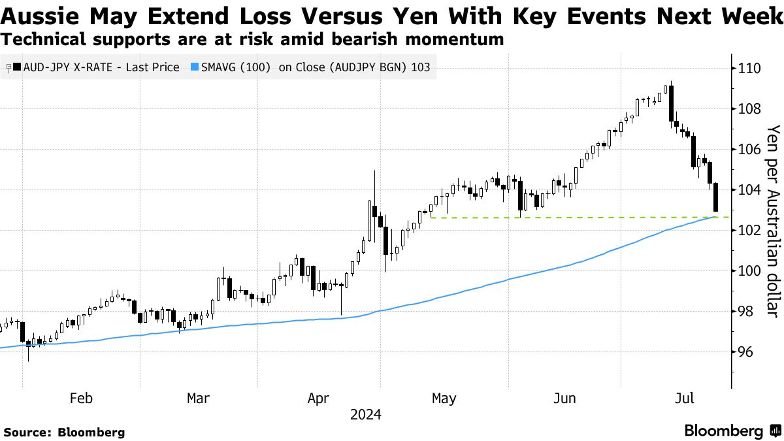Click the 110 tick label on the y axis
[x=749, y=68]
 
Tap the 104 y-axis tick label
[x=749, y=190]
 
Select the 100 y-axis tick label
[x=749, y=271]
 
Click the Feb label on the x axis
[x=81, y=399]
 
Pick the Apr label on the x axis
[x=319, y=399]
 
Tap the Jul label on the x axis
[x=684, y=399]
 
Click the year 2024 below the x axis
[x=366, y=415]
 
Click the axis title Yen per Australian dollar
[x=774, y=221]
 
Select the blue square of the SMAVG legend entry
[x=195, y=67]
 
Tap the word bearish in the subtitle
[x=365, y=39]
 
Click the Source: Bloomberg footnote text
[x=65, y=433]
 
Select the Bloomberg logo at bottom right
[x=734, y=431]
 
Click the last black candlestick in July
[x=716, y=197]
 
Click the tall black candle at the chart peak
[x=672, y=104]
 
